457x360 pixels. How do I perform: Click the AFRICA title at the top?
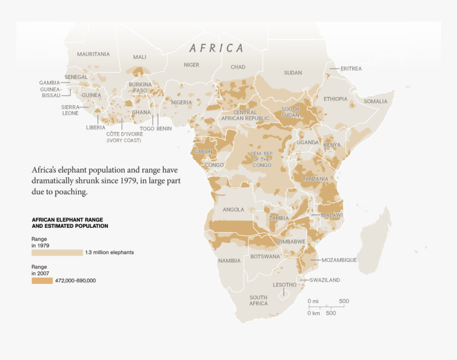[216, 48]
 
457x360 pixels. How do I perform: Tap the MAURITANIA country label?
[93, 54]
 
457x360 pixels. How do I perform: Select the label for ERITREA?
[351, 68]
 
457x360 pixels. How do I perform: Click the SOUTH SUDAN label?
[290, 112]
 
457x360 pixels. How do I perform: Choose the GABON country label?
[203, 152]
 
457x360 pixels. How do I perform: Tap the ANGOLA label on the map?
[233, 210]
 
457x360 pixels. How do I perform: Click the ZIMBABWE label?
[291, 242]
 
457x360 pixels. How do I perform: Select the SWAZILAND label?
[325, 280]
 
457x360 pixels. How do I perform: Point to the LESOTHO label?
[284, 285]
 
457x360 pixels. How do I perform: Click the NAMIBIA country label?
[229, 261]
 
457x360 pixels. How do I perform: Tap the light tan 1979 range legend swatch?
[57, 253]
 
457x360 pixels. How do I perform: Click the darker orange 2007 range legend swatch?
[42, 280]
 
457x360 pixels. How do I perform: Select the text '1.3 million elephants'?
[109, 253]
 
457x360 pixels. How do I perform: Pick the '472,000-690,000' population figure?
[75, 280]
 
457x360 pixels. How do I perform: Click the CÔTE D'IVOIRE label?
[123, 134]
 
